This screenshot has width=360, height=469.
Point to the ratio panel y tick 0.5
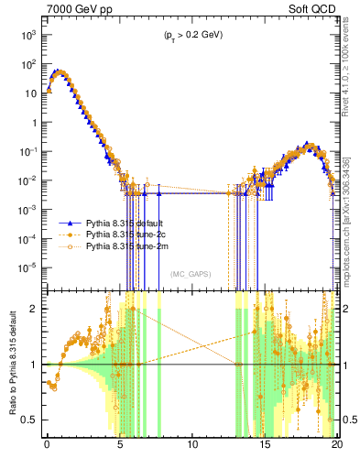[32, 420]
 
